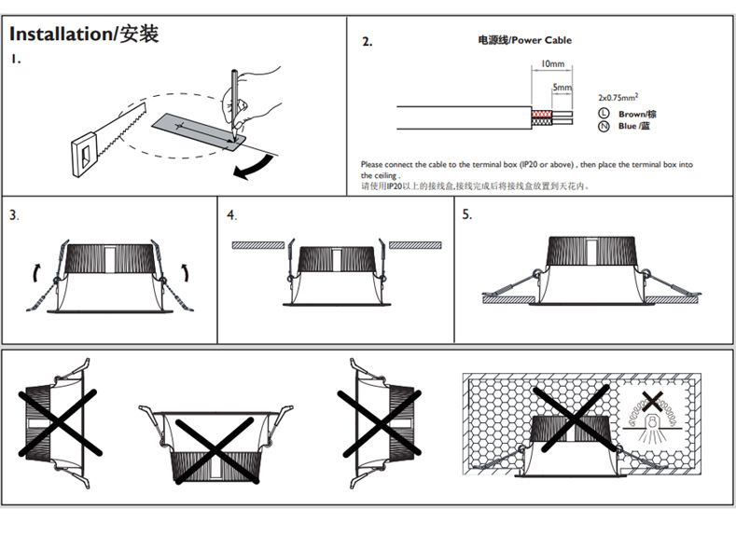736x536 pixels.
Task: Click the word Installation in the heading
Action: [x=60, y=34]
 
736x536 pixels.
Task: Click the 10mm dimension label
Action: [x=553, y=64]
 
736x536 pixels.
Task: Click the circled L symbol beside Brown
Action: [x=604, y=113]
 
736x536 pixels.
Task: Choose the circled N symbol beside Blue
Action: [x=604, y=126]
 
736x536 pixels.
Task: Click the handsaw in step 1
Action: [x=113, y=134]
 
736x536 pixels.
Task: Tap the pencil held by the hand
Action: [x=228, y=93]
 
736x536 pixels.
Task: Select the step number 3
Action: [x=14, y=215]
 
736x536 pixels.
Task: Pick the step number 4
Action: [x=231, y=215]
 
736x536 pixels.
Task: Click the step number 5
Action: [x=467, y=215]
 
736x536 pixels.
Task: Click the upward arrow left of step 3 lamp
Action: [x=35, y=271]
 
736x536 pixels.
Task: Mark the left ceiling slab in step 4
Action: [x=258, y=244]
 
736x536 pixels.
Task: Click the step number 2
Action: [x=367, y=42]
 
